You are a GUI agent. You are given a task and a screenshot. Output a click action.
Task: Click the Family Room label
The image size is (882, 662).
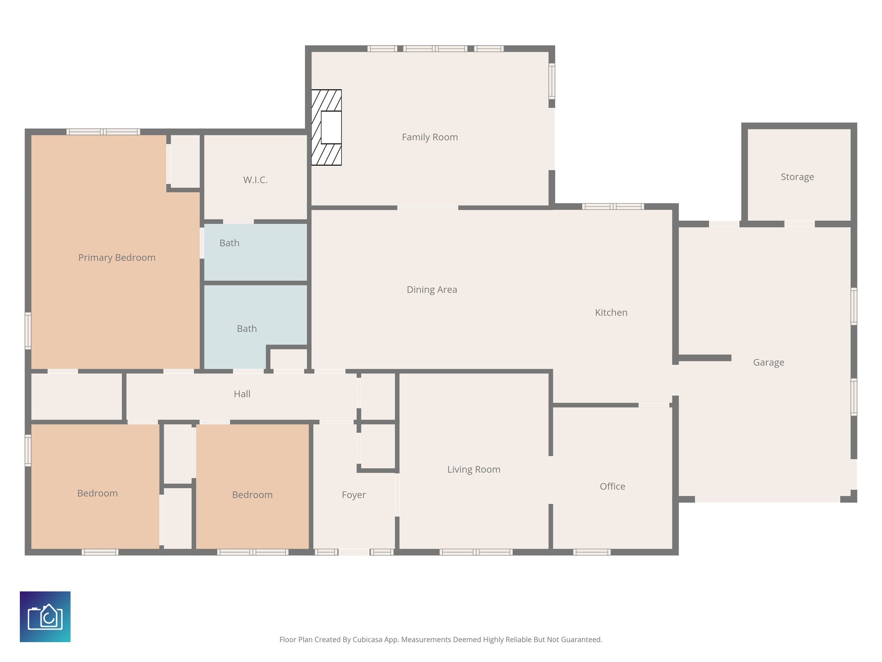pos(429,137)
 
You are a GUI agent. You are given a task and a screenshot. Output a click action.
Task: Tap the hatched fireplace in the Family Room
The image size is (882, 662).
pos(326,128)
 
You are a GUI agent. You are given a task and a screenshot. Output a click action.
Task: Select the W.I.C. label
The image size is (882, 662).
pos(255,180)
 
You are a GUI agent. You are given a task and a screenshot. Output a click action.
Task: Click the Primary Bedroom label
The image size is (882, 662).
pos(117,257)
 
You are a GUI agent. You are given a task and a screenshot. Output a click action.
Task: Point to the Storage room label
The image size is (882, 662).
pos(797,177)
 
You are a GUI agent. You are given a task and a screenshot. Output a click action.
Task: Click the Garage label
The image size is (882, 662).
pos(768,362)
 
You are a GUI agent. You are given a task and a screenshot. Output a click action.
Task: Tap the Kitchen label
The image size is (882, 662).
pos(611,312)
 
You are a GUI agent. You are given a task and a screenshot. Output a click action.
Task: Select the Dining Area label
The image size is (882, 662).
pos(432,290)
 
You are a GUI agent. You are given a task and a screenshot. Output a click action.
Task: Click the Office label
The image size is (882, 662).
pos(612,486)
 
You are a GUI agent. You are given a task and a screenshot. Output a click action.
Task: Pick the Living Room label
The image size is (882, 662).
pos(473,469)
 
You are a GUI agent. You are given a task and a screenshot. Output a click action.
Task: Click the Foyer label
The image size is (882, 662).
pos(354,495)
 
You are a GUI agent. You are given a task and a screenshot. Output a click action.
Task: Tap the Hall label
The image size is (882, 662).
pos(242,394)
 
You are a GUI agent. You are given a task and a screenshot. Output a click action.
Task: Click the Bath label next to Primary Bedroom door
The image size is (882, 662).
pos(229,243)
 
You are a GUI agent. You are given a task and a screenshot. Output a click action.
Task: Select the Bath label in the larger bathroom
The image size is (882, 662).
pos(246,329)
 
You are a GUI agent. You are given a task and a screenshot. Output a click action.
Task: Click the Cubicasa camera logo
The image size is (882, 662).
pos(45,616)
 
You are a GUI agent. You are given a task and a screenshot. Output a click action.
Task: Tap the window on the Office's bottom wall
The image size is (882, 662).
pos(591,552)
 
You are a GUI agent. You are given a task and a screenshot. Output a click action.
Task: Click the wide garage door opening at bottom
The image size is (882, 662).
pos(767,499)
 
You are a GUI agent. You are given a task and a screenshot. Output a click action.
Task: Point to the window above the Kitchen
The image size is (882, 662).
pos(612,206)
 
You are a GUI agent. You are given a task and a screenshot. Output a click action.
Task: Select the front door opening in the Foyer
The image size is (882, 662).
pos(354,552)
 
